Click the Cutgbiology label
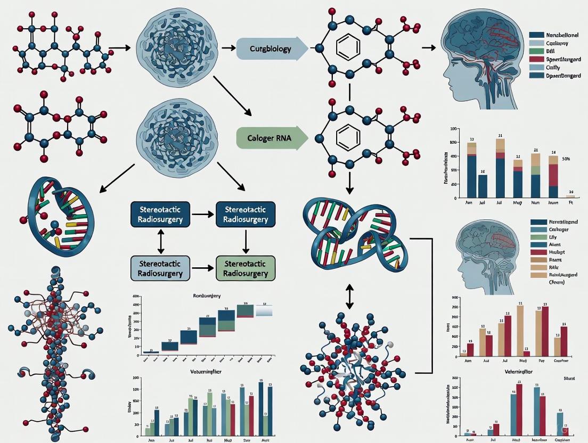pos(269,49)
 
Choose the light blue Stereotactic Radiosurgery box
pos(160,268)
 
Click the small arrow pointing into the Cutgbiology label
pos(228,48)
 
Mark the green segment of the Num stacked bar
pos(535,170)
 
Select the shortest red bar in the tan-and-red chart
pos(526,353)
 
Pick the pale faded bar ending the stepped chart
pos(264,311)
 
